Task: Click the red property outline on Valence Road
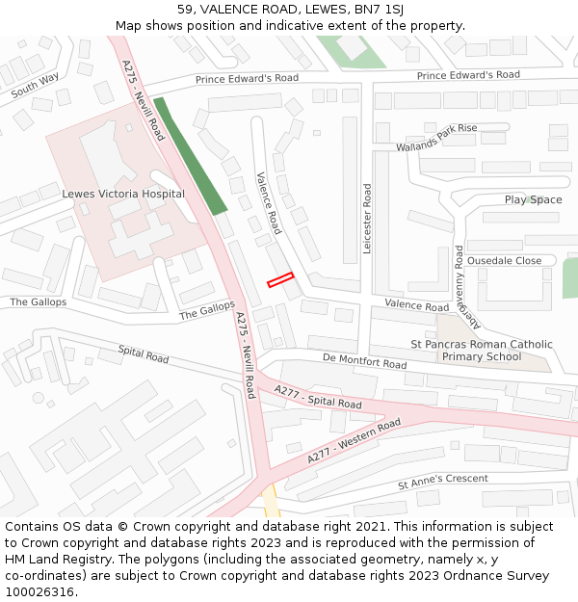pyautogui.click(x=280, y=279)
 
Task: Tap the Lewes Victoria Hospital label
pyautogui.click(x=122, y=194)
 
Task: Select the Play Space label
pyautogui.click(x=533, y=199)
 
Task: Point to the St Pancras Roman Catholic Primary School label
pyautogui.click(x=482, y=351)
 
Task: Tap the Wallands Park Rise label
pyautogui.click(x=436, y=138)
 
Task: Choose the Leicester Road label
pyautogui.click(x=367, y=219)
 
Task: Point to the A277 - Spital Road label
pyautogui.click(x=318, y=397)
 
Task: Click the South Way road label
pyautogui.click(x=36, y=85)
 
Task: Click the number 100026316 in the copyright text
pyautogui.click(x=39, y=591)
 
